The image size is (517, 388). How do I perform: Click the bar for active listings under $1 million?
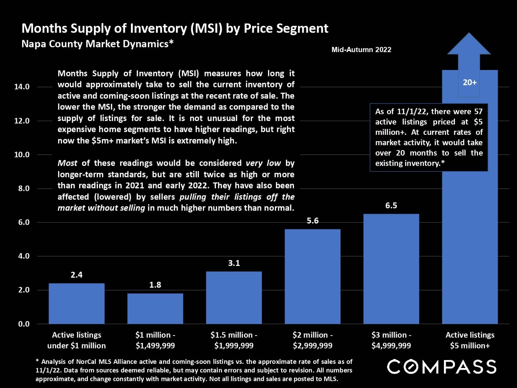(77, 304)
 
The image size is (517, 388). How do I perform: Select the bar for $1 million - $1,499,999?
(155, 309)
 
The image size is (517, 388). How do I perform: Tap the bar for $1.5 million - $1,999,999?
(234, 298)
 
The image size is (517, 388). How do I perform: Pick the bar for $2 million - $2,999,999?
(313, 276)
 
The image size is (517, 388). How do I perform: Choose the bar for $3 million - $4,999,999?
(391, 269)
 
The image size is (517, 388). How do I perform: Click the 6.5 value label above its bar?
(391, 206)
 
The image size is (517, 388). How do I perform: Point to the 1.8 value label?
(155, 285)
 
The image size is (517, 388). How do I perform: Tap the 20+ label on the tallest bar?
(469, 82)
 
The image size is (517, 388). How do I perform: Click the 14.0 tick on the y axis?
(22, 87)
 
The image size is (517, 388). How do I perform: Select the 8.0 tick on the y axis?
(24, 189)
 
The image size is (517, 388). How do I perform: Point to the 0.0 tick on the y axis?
(24, 324)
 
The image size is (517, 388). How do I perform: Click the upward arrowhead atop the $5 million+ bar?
(469, 45)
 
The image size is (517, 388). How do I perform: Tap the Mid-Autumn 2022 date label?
(361, 50)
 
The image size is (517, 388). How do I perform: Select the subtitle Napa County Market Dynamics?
(97, 44)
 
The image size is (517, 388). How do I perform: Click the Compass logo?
(442, 367)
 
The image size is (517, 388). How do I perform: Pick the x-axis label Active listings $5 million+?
(470, 340)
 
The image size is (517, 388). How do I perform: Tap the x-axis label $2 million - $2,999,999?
(313, 340)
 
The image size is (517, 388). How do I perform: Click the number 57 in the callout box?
(478, 111)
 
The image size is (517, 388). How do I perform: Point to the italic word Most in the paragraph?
(67, 163)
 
